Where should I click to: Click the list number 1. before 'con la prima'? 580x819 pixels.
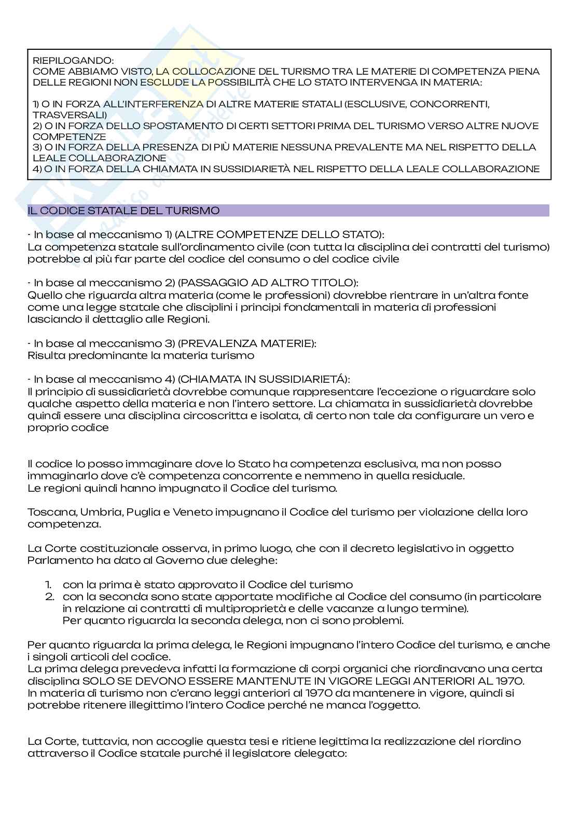tap(49, 584)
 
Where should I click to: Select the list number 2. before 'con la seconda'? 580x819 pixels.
tap(50, 596)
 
